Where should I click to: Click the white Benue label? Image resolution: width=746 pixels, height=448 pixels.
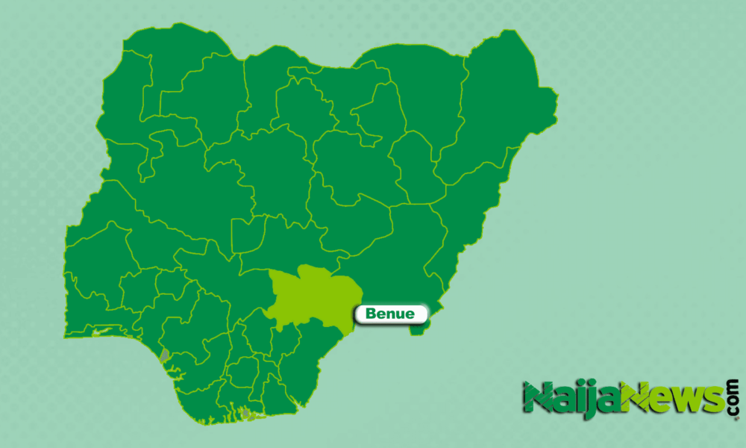[x=392, y=314]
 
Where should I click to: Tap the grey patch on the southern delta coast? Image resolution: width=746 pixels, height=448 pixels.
[x=245, y=413]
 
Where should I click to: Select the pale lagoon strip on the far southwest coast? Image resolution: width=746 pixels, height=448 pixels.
[x=101, y=332]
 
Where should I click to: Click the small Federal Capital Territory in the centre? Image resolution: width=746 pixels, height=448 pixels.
[x=246, y=235]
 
